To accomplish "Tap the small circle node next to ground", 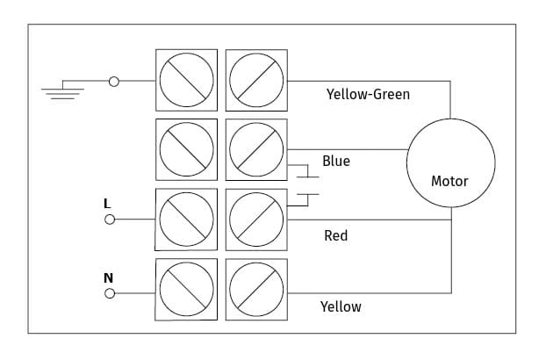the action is click(114, 82).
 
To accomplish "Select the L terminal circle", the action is click(110, 220).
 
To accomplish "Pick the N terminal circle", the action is click(110, 293).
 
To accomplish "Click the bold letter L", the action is click(107, 204).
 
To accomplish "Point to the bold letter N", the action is click(108, 277).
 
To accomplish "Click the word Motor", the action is click(449, 181).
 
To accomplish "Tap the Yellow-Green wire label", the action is click(368, 94).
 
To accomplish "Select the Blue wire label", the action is click(336, 161).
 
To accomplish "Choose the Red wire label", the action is click(335, 235).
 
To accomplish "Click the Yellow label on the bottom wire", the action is click(341, 306).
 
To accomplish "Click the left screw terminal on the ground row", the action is click(187, 80).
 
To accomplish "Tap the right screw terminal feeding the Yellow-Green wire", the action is click(256, 80).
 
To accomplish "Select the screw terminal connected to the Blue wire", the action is click(256, 150).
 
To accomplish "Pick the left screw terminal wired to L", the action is click(186, 220).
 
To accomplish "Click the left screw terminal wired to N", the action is click(186, 290).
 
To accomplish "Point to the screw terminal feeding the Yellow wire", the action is click(256, 290).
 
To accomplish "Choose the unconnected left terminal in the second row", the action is click(187, 150).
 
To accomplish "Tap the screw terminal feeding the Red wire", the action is click(256, 220).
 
